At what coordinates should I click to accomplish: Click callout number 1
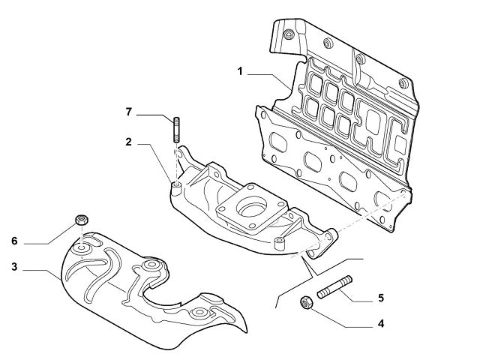tap(240, 72)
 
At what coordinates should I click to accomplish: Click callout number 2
tap(128, 140)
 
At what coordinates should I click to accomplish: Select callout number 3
tap(14, 266)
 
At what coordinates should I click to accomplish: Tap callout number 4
tap(381, 324)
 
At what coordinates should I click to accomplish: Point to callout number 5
tap(381, 298)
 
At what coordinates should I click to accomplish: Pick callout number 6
tap(14, 241)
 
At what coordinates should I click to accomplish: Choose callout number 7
tap(128, 112)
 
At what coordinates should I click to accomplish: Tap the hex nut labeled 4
tap(306, 304)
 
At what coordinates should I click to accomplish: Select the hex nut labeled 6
tap(82, 221)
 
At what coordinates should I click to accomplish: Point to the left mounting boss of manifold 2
tap(176, 186)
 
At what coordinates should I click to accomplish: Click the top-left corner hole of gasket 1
tap(287, 34)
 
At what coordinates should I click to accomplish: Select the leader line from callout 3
tap(41, 268)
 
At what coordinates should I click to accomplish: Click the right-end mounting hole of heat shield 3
tap(201, 313)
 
